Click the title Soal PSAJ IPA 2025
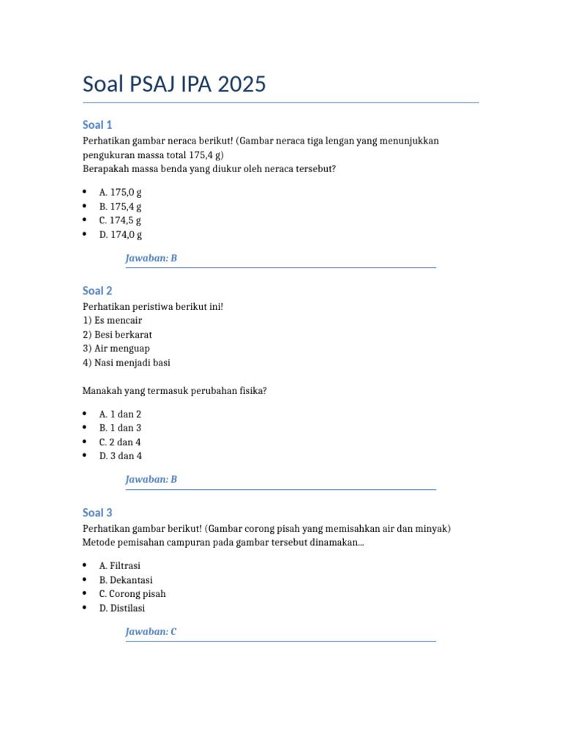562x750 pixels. tap(174, 85)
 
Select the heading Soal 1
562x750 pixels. tap(97, 125)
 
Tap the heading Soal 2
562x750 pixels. tap(97, 291)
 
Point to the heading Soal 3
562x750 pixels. tap(97, 513)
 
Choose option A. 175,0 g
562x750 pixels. tap(120, 192)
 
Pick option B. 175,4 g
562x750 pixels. tap(120, 207)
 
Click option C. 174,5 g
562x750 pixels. tap(120, 220)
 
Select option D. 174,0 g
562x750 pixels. tap(120, 235)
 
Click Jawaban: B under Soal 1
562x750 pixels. tap(151, 259)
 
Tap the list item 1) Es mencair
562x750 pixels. tap(113, 320)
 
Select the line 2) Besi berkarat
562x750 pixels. tap(117, 335)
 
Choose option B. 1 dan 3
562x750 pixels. tap(120, 428)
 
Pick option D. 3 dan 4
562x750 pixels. tap(120, 456)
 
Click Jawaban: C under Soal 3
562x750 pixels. tap(151, 631)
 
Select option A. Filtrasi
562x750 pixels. tap(119, 566)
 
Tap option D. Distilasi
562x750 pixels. tap(121, 608)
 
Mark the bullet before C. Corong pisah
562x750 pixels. tap(85, 594)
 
